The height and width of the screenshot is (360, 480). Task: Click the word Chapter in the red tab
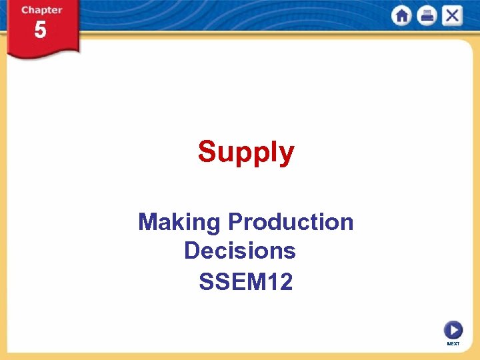pos(41,10)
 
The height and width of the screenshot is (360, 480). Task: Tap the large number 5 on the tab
pos(41,30)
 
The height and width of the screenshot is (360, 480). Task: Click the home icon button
pos(402,16)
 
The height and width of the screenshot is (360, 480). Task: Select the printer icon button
pos(427,16)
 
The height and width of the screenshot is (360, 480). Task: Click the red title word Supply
pos(245,152)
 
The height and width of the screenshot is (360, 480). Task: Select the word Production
pos(291,221)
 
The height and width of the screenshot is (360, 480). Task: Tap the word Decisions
pos(239,251)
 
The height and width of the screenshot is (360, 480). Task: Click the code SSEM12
pos(245,282)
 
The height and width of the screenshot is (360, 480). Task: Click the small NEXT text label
pos(453,343)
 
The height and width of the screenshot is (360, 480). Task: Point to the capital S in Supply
pos(207,151)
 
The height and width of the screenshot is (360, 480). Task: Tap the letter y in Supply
pos(286,155)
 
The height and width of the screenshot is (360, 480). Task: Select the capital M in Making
pos(148,221)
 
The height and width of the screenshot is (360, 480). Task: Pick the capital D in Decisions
pos(192,251)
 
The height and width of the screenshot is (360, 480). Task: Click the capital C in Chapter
pos(25,10)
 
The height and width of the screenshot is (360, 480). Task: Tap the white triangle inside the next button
pos(454,329)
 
